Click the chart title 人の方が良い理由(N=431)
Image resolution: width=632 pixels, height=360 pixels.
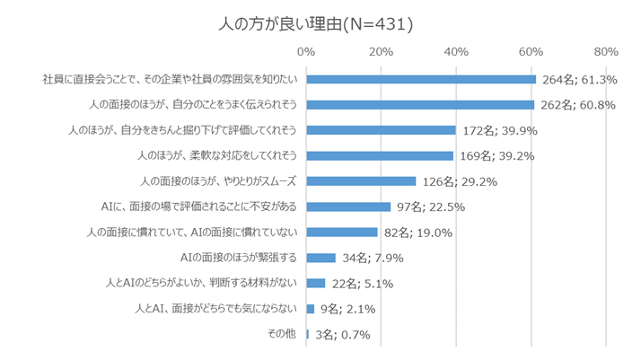[x=315, y=22]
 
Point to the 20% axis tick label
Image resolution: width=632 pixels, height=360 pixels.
[x=382, y=50]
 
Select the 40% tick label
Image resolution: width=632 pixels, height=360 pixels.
[x=456, y=50]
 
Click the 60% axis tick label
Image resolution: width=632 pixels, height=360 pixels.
[x=531, y=50]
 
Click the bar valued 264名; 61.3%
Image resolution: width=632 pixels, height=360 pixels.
[x=421, y=79]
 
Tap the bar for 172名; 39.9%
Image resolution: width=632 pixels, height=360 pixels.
[x=381, y=130]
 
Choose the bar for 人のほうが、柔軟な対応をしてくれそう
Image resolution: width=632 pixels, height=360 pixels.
[x=380, y=155]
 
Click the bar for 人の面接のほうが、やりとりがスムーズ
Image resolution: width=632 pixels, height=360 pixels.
[x=361, y=180]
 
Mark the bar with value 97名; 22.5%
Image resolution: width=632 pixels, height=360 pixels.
[x=348, y=206]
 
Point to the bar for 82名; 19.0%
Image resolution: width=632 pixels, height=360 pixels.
[x=342, y=232]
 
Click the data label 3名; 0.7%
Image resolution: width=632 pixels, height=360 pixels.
[x=342, y=335]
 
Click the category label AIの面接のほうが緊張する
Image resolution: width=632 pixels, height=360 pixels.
[x=240, y=259]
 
